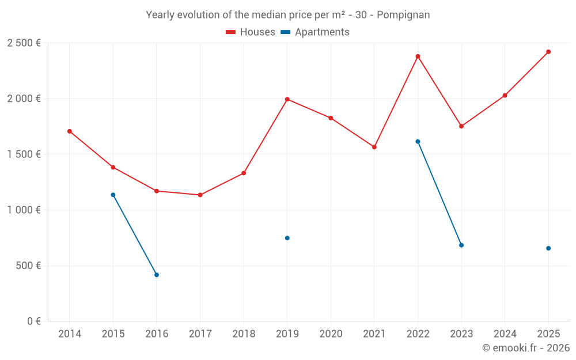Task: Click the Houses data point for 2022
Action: click(x=418, y=56)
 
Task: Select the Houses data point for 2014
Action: click(x=70, y=131)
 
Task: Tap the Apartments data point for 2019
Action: click(x=287, y=238)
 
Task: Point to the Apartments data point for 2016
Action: click(x=157, y=275)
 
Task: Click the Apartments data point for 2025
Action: click(x=548, y=248)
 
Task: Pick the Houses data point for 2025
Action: click(x=548, y=52)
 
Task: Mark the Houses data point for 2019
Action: click(x=287, y=99)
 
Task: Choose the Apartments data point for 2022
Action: click(x=418, y=142)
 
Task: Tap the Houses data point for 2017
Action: click(x=200, y=195)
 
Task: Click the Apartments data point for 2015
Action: click(x=113, y=195)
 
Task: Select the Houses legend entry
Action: click(x=251, y=32)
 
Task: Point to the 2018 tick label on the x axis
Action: click(x=244, y=334)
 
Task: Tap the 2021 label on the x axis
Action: click(x=374, y=334)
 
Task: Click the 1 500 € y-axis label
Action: click(x=24, y=154)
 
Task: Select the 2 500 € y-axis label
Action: click(x=24, y=43)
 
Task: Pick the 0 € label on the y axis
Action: click(x=34, y=321)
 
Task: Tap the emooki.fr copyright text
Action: click(x=526, y=348)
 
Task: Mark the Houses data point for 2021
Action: click(x=374, y=147)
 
